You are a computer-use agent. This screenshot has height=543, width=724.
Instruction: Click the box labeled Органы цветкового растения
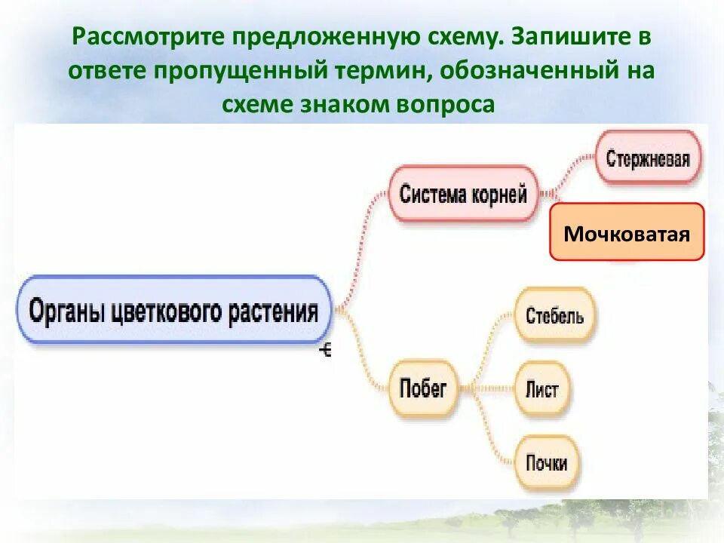173,311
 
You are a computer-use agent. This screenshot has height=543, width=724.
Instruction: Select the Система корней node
462,194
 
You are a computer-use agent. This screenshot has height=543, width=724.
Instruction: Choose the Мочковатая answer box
627,232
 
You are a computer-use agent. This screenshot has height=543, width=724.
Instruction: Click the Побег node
422,388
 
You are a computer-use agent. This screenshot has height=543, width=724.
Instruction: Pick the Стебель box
554,315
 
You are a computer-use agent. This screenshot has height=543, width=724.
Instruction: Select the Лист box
541,389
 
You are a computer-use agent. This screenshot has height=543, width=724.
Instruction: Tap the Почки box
546,462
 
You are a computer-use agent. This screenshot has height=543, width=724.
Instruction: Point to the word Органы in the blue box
66,311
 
